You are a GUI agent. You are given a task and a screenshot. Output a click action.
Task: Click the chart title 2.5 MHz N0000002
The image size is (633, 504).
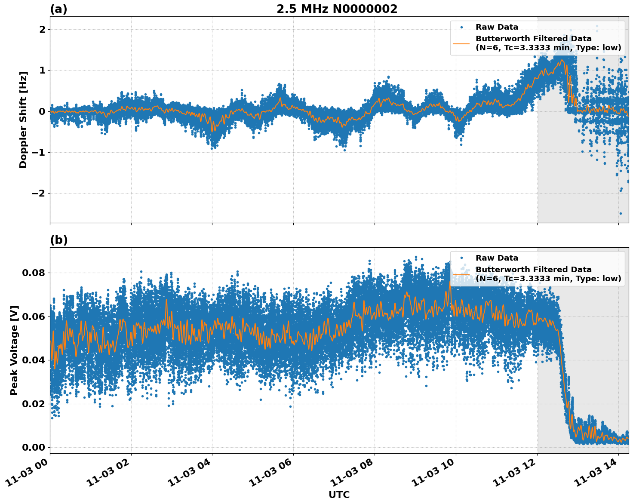(x=337, y=9)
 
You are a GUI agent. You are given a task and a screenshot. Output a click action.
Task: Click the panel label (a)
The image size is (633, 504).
(x=58, y=9)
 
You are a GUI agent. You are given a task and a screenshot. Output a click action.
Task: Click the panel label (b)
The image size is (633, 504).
(x=58, y=240)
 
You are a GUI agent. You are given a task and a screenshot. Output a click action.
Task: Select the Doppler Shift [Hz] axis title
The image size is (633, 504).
(x=23, y=120)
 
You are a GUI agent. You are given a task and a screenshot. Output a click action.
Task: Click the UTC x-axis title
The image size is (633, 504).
(x=339, y=495)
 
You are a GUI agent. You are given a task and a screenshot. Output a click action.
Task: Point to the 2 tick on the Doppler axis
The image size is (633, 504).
(x=42, y=29)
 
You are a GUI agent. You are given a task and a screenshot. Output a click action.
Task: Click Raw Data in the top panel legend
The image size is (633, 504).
(x=497, y=27)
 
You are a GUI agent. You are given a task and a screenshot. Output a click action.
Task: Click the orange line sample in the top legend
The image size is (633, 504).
(x=461, y=43)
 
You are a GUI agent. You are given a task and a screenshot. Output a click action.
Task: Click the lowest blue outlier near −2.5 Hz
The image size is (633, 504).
(x=620, y=213)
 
